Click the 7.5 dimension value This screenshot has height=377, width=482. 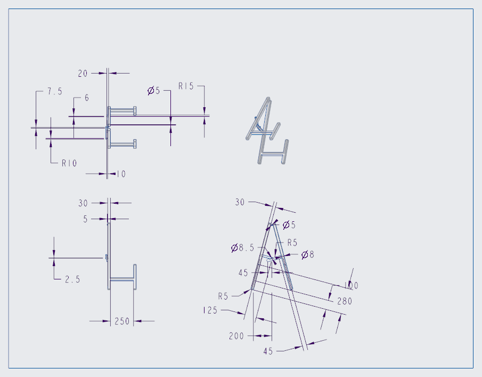(x=54, y=92)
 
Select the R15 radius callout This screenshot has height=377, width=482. (x=186, y=86)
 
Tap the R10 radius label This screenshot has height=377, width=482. (x=69, y=163)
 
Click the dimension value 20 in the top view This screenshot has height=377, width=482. (x=83, y=74)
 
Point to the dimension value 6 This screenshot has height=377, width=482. (x=86, y=98)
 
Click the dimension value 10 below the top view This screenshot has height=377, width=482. (x=121, y=174)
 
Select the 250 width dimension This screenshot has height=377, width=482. (x=122, y=321)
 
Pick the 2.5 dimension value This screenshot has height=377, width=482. (x=72, y=279)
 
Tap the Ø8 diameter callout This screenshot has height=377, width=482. (x=308, y=255)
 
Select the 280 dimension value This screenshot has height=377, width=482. (x=344, y=301)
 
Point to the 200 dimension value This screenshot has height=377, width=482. (x=236, y=336)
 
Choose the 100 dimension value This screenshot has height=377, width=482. (x=351, y=286)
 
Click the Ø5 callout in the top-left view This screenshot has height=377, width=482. (x=153, y=91)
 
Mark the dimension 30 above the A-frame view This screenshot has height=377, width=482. (x=240, y=202)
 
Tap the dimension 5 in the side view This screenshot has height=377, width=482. (x=85, y=219)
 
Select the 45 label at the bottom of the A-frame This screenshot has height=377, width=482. (x=269, y=351)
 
